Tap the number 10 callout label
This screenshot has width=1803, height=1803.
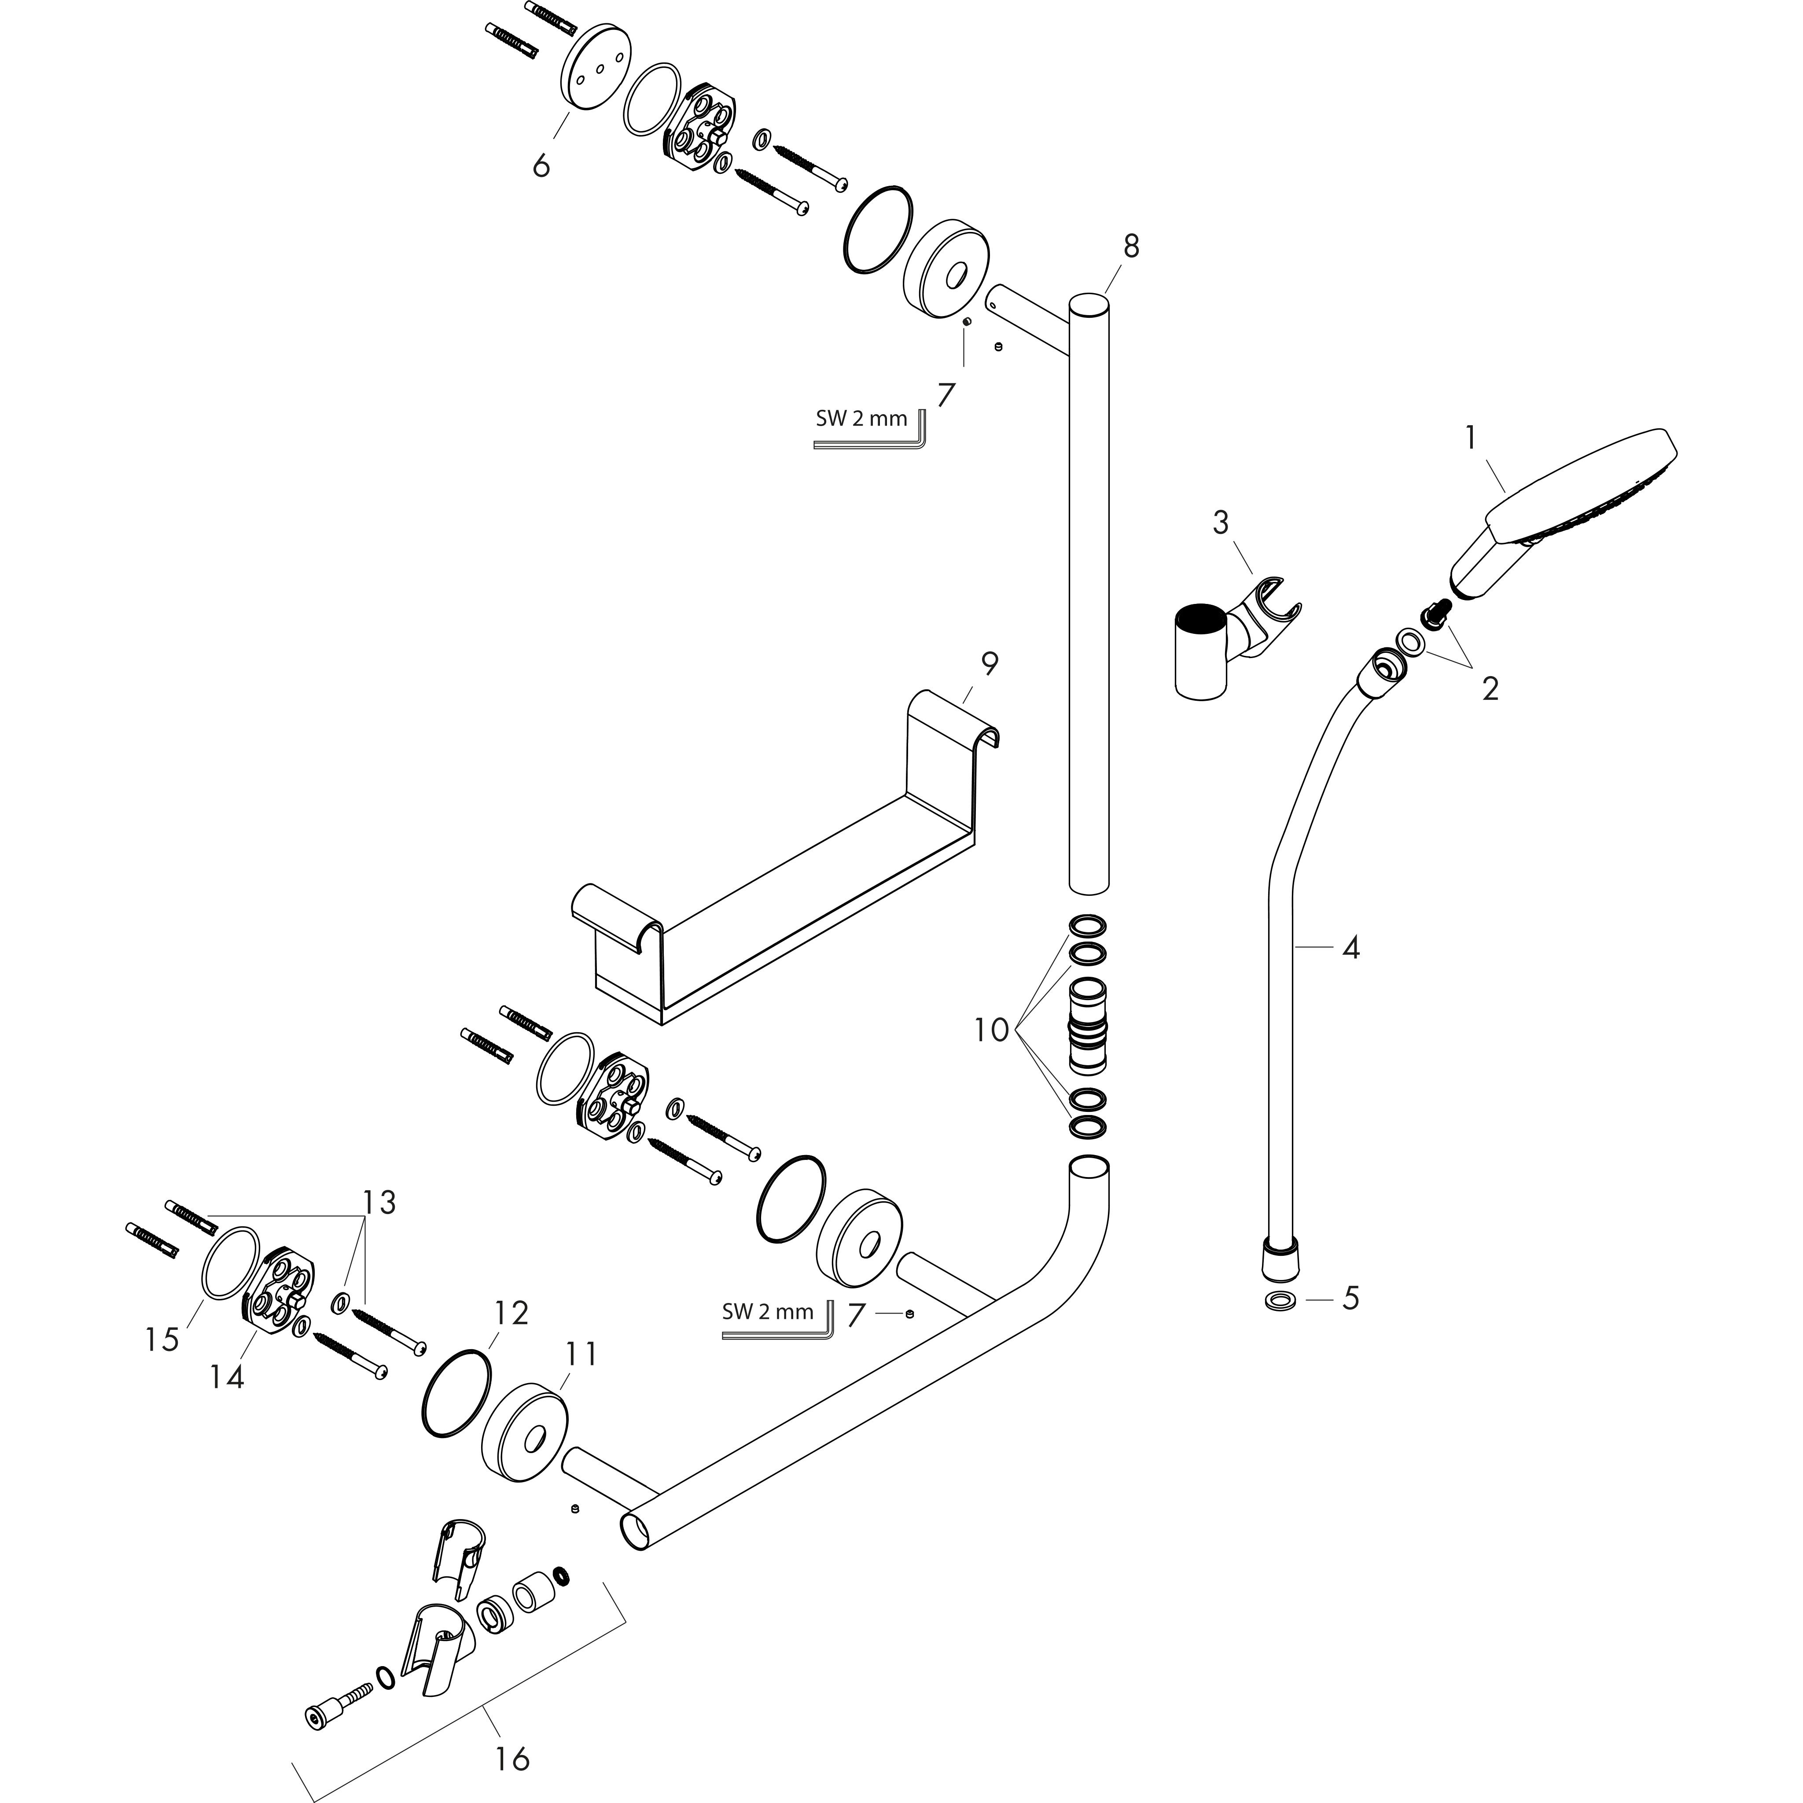(991, 1030)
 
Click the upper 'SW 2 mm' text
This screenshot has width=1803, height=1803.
(861, 418)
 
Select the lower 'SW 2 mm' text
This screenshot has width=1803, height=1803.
(767, 1311)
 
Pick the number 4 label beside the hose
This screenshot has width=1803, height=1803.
(1350, 948)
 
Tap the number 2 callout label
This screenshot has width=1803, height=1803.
(1490, 689)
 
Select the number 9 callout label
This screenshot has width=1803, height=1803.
(989, 663)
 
